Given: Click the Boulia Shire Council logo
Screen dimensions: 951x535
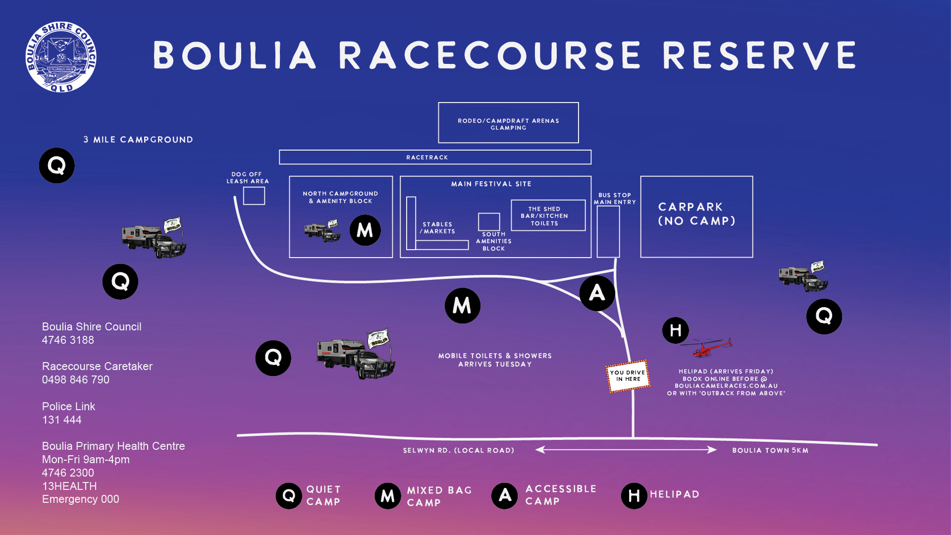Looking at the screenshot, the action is pos(61,57).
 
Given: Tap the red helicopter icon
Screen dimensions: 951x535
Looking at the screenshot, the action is pos(706,347).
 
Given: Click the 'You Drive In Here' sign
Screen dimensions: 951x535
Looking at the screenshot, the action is pos(628,376).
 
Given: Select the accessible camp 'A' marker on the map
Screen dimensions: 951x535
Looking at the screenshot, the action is pos(597,293).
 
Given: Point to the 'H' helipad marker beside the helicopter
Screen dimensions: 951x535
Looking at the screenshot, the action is pos(676,330).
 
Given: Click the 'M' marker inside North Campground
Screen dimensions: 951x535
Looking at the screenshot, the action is pos(365,230).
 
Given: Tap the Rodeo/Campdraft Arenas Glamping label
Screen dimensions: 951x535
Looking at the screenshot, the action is pos(508,124).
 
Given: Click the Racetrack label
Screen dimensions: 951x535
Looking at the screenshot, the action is pos(427,158).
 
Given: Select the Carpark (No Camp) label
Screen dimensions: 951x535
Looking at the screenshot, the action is pos(696,214).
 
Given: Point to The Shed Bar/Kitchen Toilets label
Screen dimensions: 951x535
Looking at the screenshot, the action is pos(544,216).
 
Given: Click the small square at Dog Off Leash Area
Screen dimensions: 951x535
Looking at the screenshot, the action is pos(254,196).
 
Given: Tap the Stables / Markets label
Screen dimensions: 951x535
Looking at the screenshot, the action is pos(437,228).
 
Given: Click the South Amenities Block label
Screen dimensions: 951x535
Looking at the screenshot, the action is pos(494,242).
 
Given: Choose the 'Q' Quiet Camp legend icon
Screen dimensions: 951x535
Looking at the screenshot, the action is pos(289,495).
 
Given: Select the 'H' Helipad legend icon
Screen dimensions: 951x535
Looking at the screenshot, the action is pos(634,495).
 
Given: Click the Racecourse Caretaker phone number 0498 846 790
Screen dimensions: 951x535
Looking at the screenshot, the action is pos(76,380).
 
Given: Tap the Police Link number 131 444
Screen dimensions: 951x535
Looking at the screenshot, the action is pos(62,420).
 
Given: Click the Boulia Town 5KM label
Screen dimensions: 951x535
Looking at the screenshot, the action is pos(770,450).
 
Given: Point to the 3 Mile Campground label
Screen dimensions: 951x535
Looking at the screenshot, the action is pos(138,140).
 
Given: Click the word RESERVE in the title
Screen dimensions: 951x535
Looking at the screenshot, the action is pos(760,55).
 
